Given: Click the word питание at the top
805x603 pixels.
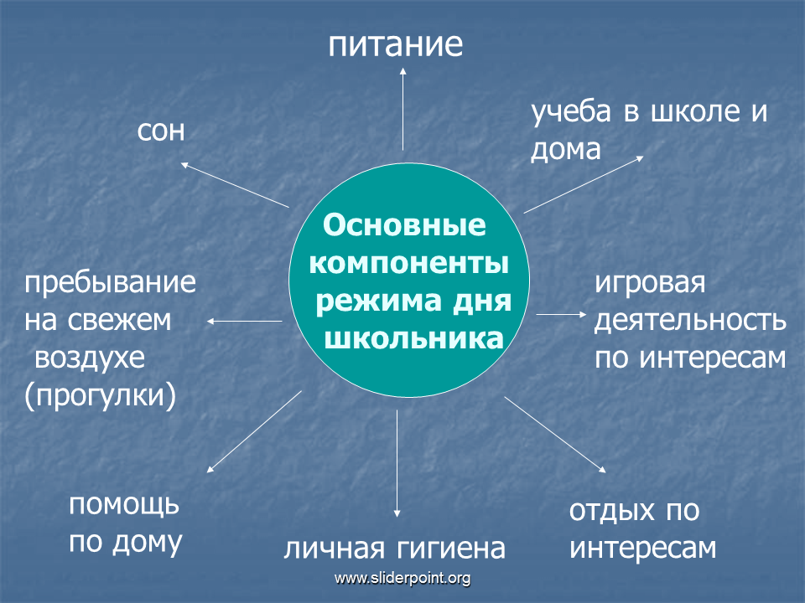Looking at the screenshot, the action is click(x=395, y=44).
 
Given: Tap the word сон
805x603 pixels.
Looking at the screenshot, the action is click(x=161, y=131).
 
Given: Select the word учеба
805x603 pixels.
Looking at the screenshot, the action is click(x=571, y=111).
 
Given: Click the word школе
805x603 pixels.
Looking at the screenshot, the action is click(x=696, y=111).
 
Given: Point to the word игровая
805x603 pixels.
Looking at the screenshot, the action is click(x=650, y=283).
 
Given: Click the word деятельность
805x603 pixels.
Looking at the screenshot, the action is click(x=690, y=321).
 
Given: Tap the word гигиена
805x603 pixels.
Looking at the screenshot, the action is click(x=451, y=548).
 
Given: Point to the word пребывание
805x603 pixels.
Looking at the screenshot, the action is click(x=111, y=283).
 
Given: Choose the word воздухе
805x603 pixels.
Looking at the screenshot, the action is click(x=90, y=358).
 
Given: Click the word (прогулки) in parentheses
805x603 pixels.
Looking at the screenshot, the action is click(x=100, y=396).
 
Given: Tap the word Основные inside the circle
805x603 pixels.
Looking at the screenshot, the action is click(x=404, y=225).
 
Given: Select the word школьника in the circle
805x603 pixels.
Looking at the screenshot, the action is click(x=413, y=339).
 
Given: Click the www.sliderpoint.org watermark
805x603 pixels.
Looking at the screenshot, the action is click(x=402, y=579).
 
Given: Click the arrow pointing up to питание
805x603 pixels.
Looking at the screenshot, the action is click(x=403, y=109).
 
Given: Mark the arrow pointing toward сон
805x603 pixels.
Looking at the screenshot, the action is click(x=235, y=185).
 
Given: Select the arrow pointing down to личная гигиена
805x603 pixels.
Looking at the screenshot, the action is click(x=397, y=463).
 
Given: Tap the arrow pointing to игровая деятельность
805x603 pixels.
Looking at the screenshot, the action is click(x=561, y=314).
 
